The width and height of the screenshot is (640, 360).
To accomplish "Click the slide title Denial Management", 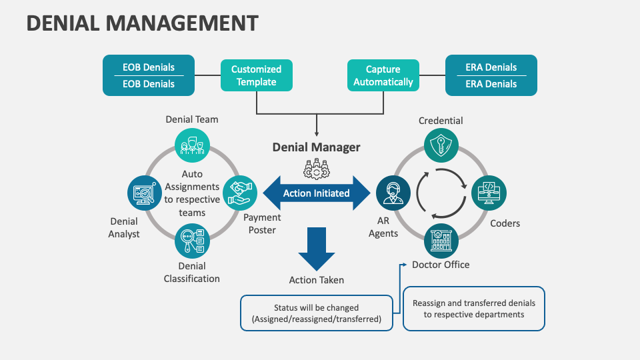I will [x=142, y=23].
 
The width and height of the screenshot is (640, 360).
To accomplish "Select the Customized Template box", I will [x=257, y=75].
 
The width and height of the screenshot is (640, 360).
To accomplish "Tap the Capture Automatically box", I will [x=383, y=75].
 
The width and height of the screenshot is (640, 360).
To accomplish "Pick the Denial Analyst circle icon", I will [x=144, y=193].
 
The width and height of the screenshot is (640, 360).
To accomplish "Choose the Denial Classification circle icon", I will [x=192, y=241].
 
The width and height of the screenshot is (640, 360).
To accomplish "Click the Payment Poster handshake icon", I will [x=239, y=193].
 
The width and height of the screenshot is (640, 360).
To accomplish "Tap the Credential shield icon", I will [x=441, y=145].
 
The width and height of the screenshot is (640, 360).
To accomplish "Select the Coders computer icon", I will [x=489, y=193].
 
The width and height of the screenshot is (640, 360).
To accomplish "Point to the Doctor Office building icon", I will [x=441, y=241].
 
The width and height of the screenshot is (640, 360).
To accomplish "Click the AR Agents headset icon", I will [x=393, y=193].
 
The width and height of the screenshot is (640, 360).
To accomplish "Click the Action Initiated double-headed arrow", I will [x=316, y=193].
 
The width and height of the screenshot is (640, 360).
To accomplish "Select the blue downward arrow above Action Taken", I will [x=316, y=248].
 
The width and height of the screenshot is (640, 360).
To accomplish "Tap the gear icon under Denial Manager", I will [x=316, y=168].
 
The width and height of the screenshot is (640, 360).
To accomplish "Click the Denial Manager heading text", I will [x=316, y=147].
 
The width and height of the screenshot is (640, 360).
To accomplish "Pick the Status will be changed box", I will [x=316, y=313].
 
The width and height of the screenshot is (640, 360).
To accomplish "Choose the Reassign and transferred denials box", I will [x=474, y=308].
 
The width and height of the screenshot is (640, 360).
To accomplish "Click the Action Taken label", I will [x=316, y=280].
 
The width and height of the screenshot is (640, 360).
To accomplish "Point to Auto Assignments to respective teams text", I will [x=192, y=193].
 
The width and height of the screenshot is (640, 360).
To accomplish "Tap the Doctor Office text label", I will [x=441, y=265].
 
